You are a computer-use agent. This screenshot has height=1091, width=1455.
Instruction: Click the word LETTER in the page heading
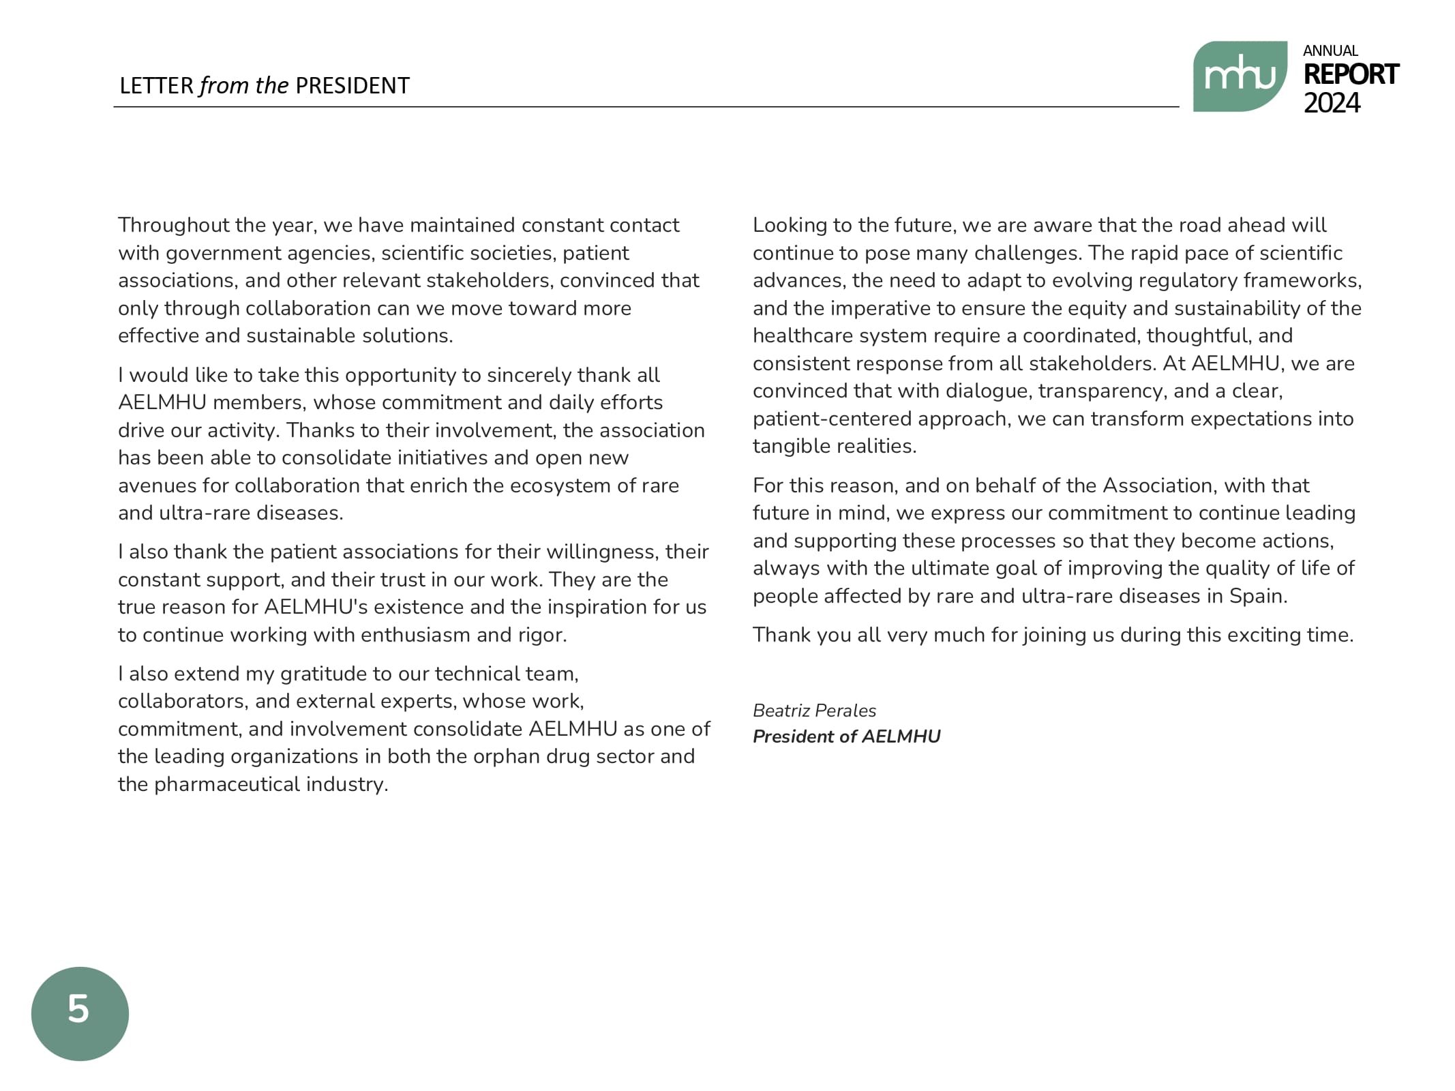click(x=156, y=86)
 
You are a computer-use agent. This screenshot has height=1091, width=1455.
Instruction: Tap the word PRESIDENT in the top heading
click(x=352, y=86)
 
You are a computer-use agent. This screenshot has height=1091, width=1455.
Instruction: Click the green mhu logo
click(x=1239, y=76)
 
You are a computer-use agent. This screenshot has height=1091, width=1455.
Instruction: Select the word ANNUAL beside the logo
click(x=1330, y=51)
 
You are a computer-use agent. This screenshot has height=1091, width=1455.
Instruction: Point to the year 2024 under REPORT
click(x=1331, y=104)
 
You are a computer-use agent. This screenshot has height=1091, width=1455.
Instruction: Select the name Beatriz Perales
click(x=814, y=711)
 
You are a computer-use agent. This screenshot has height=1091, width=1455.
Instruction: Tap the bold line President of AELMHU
click(x=846, y=736)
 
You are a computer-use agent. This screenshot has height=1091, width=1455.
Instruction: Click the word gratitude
click(x=321, y=674)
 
